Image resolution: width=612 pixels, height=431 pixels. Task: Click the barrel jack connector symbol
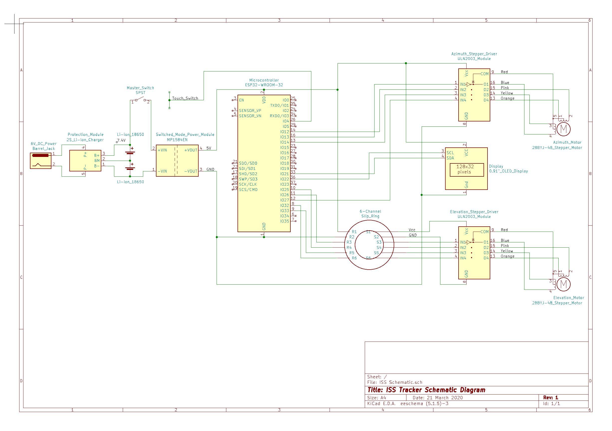click(x=40, y=161)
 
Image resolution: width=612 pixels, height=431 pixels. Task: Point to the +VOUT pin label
click(x=191, y=150)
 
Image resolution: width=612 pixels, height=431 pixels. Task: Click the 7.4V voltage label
click(x=121, y=140)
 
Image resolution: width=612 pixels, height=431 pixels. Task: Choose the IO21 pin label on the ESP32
click(x=284, y=174)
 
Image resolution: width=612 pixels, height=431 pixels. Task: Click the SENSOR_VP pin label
click(x=250, y=110)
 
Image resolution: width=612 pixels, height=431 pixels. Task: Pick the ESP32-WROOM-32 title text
click(x=264, y=85)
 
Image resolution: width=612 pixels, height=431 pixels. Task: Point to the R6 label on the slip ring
click(x=354, y=258)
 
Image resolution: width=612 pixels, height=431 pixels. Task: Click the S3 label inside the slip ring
click(x=379, y=242)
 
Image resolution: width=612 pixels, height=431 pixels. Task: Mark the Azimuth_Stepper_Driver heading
click(x=474, y=54)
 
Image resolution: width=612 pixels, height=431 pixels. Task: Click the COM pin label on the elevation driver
click(x=484, y=232)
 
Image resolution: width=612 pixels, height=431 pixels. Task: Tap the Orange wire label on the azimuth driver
click(x=507, y=98)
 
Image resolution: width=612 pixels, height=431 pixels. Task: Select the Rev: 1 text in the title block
click(x=550, y=398)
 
